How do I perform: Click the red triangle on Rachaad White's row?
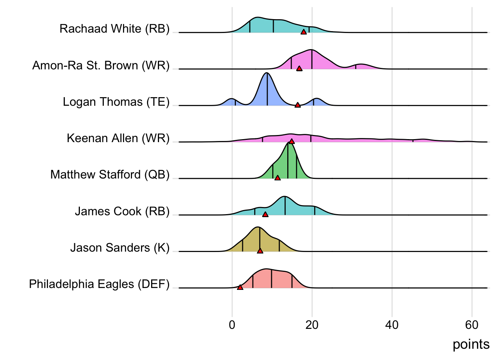(304, 32)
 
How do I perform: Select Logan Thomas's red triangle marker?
(298, 105)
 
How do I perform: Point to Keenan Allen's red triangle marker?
(292, 141)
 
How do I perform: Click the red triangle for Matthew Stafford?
(277, 178)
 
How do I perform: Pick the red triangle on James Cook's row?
(265, 214)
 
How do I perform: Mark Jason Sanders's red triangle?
(260, 250)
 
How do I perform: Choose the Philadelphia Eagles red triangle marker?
(240, 287)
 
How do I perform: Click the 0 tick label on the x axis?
(232, 325)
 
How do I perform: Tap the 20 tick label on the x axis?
(312, 325)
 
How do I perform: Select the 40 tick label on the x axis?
(392, 325)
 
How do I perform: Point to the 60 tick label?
(472, 325)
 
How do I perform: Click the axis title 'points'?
(471, 344)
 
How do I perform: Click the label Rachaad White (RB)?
(114, 29)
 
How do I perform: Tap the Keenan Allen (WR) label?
(118, 138)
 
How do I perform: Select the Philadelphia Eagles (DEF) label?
(99, 284)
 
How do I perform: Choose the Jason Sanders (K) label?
(120, 248)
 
